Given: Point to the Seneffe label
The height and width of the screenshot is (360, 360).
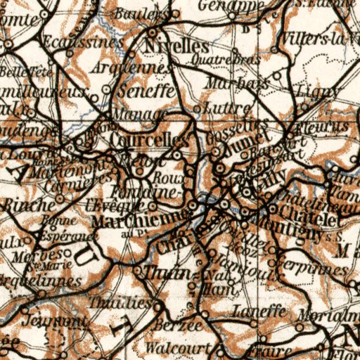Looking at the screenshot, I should pyautogui.click(x=146, y=91).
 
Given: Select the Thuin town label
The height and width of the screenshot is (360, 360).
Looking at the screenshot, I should pyautogui.click(x=167, y=273).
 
